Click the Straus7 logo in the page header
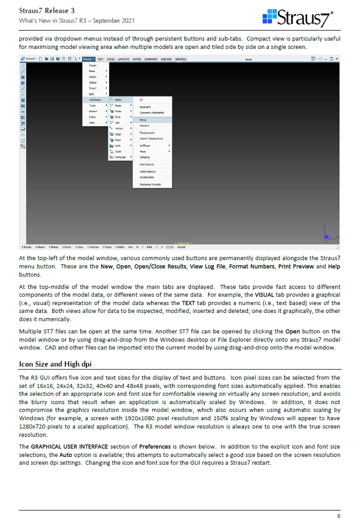click(x=298, y=18)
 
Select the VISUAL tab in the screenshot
click(x=89, y=59)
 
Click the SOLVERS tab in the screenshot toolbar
click(x=166, y=59)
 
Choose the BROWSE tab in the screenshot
click(x=180, y=59)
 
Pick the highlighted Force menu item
click(x=152, y=120)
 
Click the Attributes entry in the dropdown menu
click(x=95, y=100)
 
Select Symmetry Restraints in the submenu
click(x=152, y=113)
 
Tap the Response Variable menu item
click(x=150, y=185)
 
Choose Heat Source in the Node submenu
click(x=147, y=164)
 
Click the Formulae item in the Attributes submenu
click(x=120, y=158)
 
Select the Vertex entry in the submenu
click(x=119, y=129)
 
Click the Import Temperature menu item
click(x=151, y=139)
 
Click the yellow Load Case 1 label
click(x=183, y=243)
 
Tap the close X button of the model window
click(x=337, y=59)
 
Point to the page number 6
click(x=338, y=516)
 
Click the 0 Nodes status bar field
click(x=27, y=248)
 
